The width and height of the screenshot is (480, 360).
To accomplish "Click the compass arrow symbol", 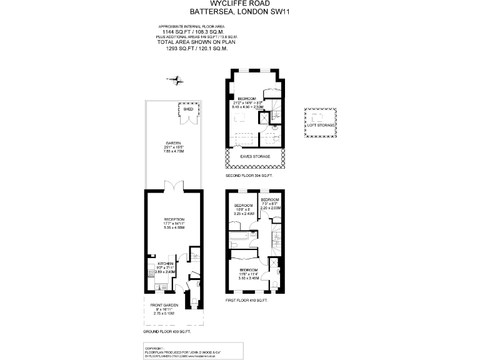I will pos(175,79).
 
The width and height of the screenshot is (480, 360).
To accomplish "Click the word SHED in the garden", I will pos(187,108).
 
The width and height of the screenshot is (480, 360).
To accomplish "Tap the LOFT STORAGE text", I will pos(320,124).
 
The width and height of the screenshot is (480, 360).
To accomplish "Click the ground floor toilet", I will pos(194,254).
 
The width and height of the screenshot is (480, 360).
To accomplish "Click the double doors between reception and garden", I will pos(174,187).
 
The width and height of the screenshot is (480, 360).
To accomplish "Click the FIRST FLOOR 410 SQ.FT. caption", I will pos(246,301).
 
